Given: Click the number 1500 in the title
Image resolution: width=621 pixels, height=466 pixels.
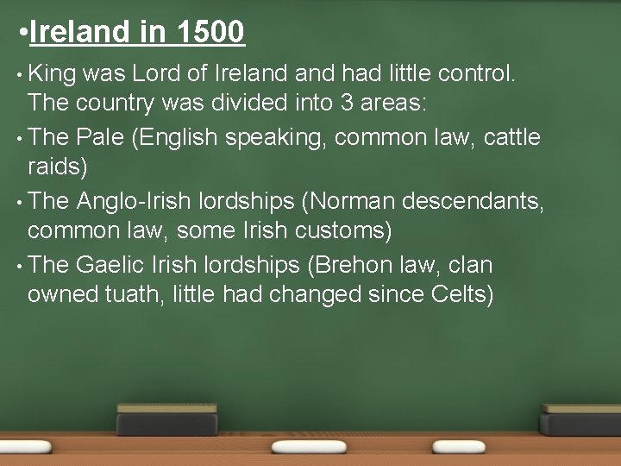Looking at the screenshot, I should [210, 33].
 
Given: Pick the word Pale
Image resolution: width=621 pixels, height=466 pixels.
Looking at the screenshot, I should [103, 135].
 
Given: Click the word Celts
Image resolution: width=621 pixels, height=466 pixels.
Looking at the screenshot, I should [458, 294].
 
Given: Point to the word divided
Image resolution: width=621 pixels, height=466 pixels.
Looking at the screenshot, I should [253, 104].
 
